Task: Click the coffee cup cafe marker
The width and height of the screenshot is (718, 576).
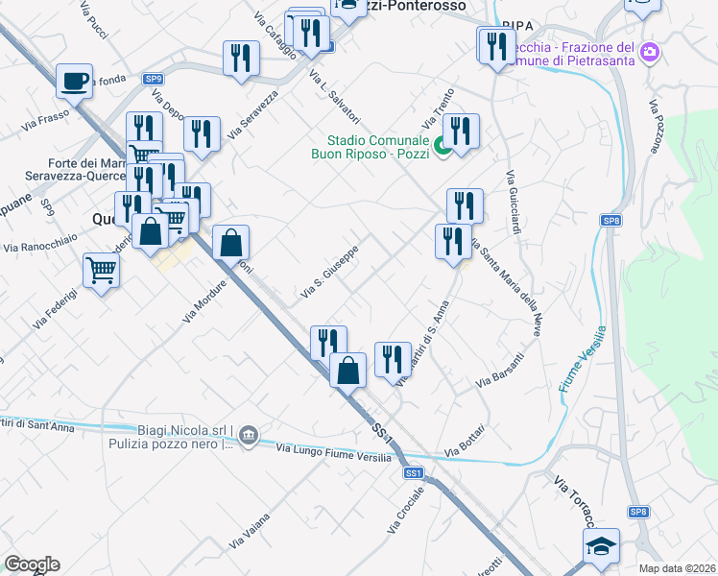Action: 74,82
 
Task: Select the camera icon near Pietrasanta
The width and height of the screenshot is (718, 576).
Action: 650,51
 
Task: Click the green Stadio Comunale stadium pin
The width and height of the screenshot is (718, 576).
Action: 443,146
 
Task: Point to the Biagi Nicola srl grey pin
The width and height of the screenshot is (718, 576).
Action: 249,435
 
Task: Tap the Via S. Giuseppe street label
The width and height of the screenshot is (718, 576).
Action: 331,270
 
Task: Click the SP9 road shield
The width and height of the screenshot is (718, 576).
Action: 154,79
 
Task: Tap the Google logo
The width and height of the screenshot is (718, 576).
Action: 32,564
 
